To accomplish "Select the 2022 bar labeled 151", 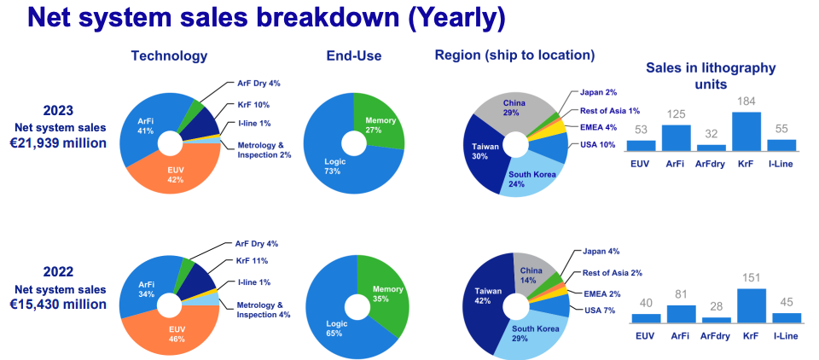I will coord(746,305).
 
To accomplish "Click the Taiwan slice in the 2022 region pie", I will coord(483,294).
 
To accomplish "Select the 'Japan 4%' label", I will coord(601,252).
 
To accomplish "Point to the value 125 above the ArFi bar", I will coord(676,114).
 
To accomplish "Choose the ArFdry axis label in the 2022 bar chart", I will coord(715,334).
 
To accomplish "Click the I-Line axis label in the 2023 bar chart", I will coord(780,163).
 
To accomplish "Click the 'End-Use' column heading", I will coord(353,56).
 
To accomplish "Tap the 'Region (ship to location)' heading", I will coord(514,55).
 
